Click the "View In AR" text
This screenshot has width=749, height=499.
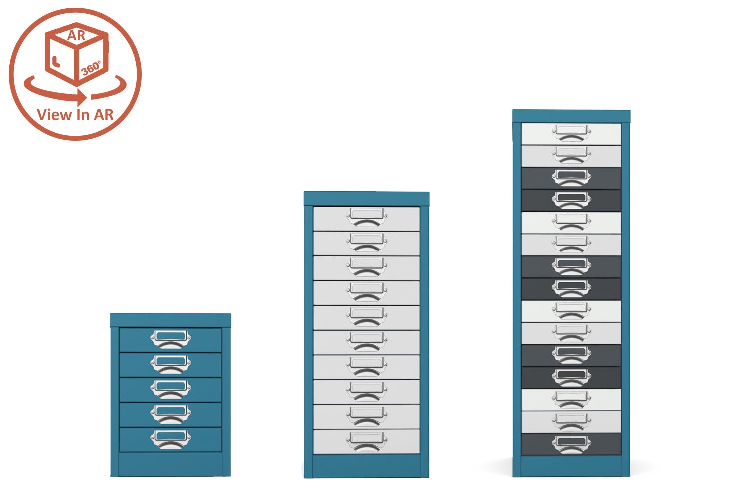[75, 115]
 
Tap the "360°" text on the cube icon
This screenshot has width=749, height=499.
[91, 68]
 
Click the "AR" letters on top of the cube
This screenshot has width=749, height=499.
[76, 36]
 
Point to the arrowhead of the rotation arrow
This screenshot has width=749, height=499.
[82, 96]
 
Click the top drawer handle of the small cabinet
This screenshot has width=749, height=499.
[171, 339]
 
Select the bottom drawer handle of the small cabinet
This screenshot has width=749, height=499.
[171, 439]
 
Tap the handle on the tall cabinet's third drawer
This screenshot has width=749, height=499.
[571, 177]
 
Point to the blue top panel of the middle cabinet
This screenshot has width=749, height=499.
[367, 198]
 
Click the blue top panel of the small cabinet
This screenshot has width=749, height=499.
[170, 320]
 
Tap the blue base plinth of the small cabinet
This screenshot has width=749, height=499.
[170, 464]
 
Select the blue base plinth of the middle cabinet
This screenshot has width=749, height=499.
[367, 466]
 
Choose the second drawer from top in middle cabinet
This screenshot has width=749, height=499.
[330, 244]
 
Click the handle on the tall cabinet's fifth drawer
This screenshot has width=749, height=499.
[571, 222]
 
